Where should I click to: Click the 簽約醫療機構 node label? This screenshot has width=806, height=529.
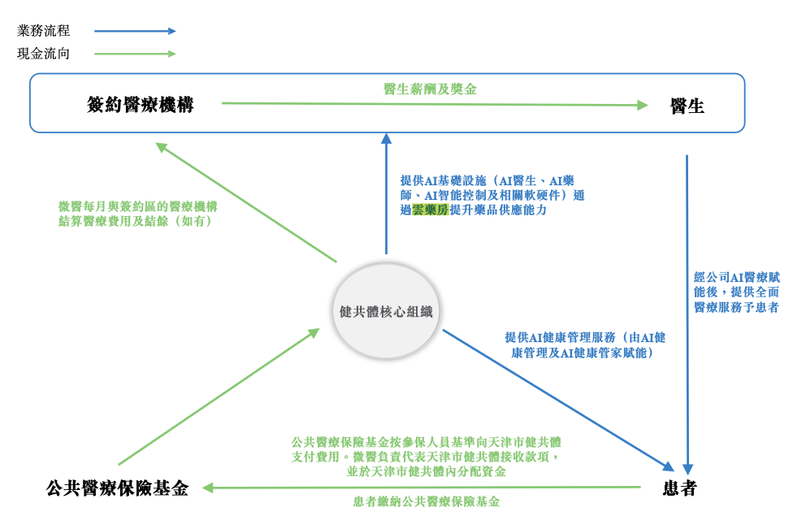pos(141,105)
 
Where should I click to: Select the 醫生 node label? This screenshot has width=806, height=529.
pos(687,106)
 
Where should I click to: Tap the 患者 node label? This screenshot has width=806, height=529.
pos(679,488)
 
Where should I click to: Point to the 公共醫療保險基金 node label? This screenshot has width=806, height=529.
pos(118,488)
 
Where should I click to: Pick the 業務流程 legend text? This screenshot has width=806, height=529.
pos(44,31)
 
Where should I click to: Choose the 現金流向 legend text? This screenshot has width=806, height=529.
pos(44,54)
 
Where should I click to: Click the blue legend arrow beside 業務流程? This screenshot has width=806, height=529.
pos(135,31)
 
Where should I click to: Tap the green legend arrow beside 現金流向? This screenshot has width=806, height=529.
pos(135,54)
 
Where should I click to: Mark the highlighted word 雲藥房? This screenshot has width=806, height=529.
pos(430,210)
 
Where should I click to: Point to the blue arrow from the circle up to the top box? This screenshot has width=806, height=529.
pos(387,195)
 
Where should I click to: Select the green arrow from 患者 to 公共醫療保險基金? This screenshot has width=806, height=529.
pos(422,488)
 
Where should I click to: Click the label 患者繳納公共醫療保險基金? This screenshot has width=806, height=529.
pos(427,502)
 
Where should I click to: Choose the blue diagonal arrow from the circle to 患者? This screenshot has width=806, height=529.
pos(558,399)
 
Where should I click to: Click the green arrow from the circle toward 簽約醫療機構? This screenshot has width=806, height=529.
pos(245,202)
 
